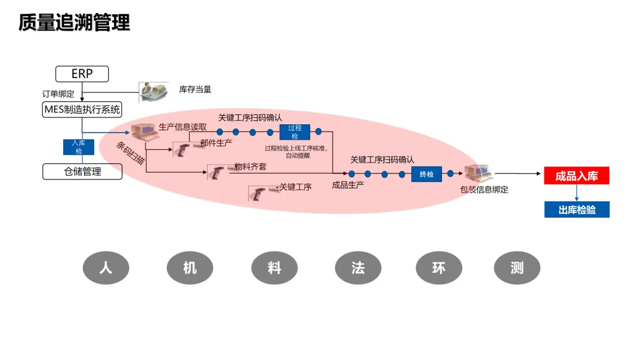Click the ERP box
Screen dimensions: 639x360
click(x=82, y=74)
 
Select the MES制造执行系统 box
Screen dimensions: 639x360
click(x=82, y=110)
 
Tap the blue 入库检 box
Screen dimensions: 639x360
click(x=79, y=147)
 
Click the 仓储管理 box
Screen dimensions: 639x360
click(x=82, y=172)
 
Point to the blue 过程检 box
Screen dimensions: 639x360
click(x=295, y=132)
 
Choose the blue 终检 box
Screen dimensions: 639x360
click(x=427, y=174)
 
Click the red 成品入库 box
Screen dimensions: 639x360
click(x=576, y=176)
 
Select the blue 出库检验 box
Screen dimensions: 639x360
click(x=576, y=210)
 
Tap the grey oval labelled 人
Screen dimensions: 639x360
click(x=106, y=268)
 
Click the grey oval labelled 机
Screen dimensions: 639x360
click(x=190, y=268)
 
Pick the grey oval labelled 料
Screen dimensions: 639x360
click(x=274, y=268)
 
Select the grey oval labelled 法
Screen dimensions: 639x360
click(x=358, y=268)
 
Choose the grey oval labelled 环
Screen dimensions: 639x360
click(x=438, y=268)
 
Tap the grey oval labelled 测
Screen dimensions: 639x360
click(x=517, y=268)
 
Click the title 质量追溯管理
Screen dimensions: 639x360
click(x=74, y=22)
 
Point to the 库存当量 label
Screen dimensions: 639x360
click(x=195, y=89)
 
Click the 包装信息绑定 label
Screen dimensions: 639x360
click(x=484, y=189)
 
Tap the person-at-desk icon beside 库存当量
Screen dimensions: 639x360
click(x=153, y=92)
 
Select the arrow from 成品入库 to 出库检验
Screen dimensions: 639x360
click(x=576, y=192)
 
